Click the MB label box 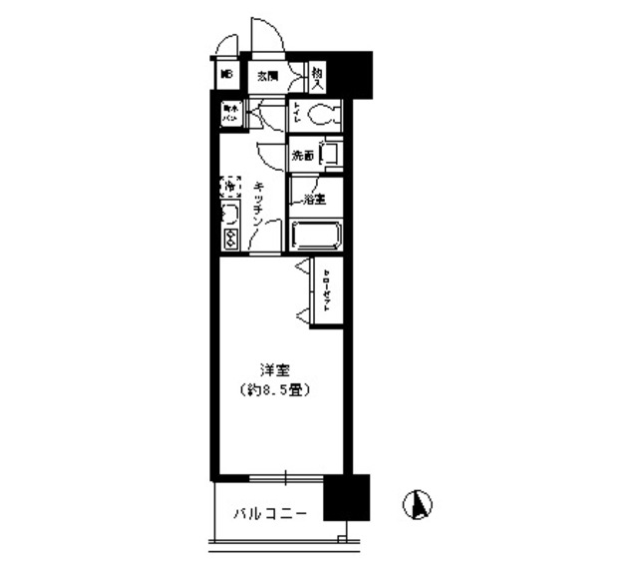225,74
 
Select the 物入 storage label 316,74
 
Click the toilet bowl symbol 323,115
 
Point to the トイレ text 297,115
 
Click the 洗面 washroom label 303,156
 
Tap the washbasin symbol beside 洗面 331,156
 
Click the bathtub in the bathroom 316,236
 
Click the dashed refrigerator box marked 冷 229,186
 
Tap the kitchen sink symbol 228,214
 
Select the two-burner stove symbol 229,239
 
